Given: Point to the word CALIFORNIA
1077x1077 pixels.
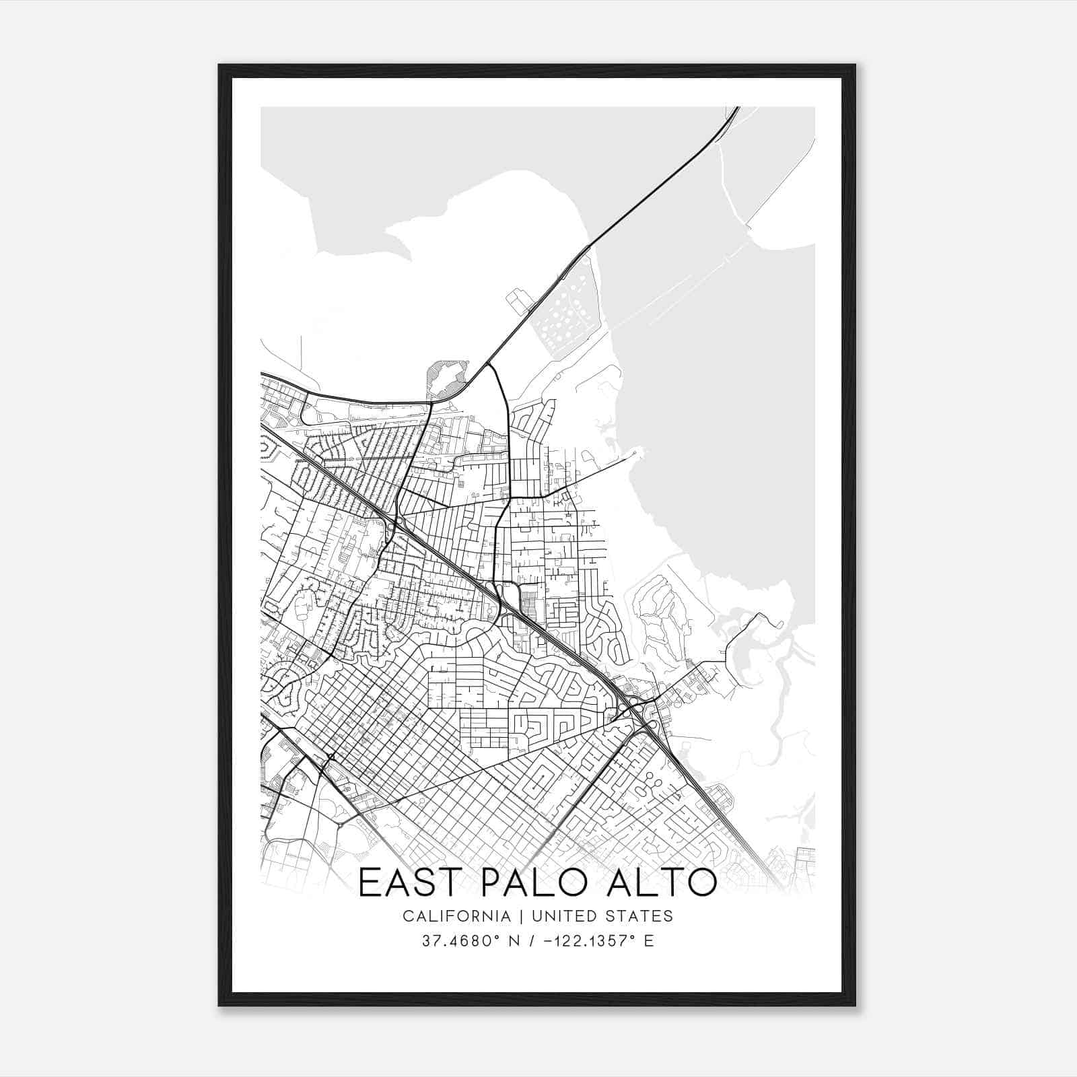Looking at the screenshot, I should click(x=456, y=916).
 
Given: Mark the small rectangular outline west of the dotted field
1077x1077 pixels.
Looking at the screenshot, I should click(x=518, y=302).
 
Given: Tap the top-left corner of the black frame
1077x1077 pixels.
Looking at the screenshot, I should click(x=219, y=65).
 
